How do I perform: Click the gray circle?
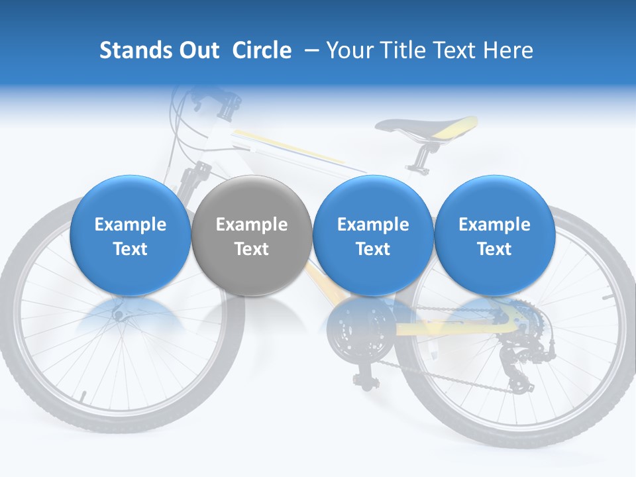tap(251, 235)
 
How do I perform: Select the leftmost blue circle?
tap(130, 235)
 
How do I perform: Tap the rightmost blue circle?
tap(494, 235)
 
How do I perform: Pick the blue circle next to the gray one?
tap(372, 235)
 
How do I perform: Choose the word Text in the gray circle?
tap(251, 249)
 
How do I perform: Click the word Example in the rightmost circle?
tap(494, 225)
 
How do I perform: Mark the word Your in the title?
tap(348, 50)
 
